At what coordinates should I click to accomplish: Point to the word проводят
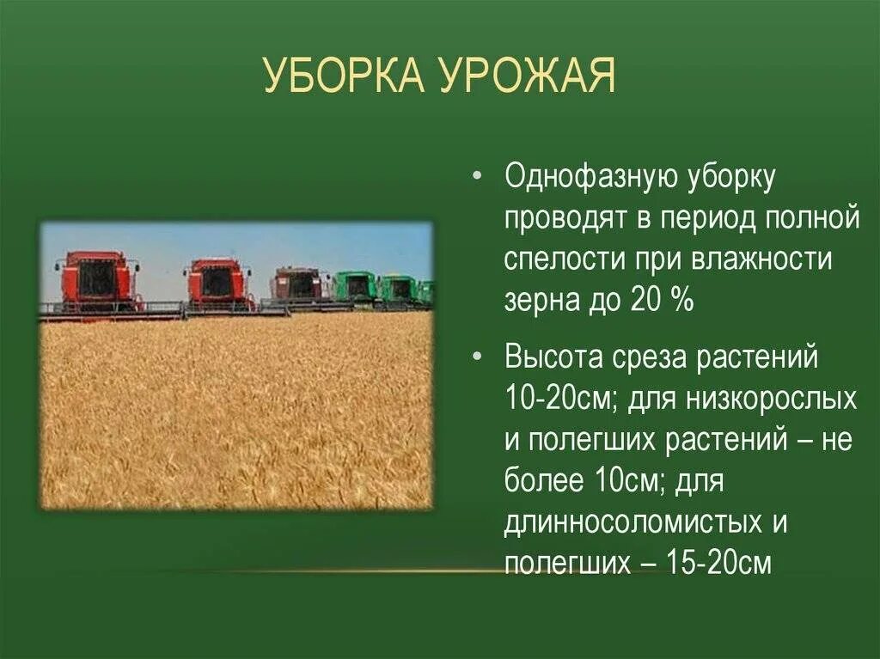coord(565,218)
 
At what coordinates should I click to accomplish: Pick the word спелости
coord(560,259)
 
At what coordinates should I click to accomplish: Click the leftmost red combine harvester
coord(98,280)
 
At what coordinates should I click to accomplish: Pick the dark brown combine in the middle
coord(296,284)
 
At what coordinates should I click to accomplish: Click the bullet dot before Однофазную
coord(477,179)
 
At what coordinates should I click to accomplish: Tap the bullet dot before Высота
coord(477,358)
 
